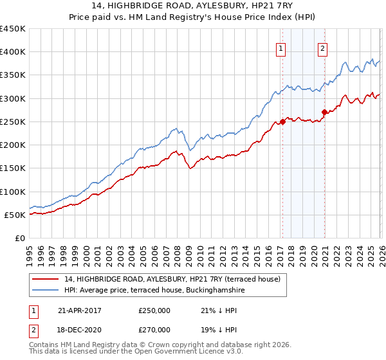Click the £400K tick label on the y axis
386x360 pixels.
pos(13,52)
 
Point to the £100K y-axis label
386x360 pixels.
pos(13,192)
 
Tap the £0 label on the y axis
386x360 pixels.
pos(19,238)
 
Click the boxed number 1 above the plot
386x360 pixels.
pos(282,47)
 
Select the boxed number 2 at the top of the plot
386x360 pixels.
pos(322,47)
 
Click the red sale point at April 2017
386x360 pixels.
pos(282,122)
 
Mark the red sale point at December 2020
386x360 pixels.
pos(324,112)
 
